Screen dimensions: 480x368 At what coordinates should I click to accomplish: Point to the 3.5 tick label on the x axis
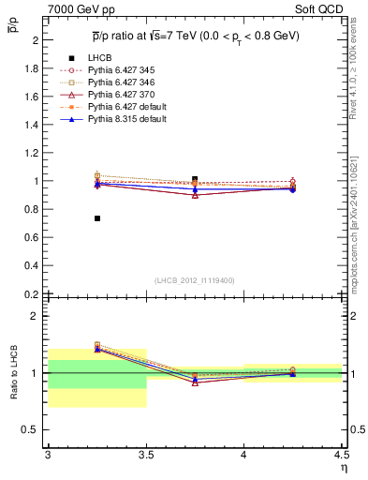pos(146,454)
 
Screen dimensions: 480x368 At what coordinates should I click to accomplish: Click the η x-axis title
pos(343,466)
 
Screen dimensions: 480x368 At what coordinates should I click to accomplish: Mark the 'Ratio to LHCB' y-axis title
pos(14,373)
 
